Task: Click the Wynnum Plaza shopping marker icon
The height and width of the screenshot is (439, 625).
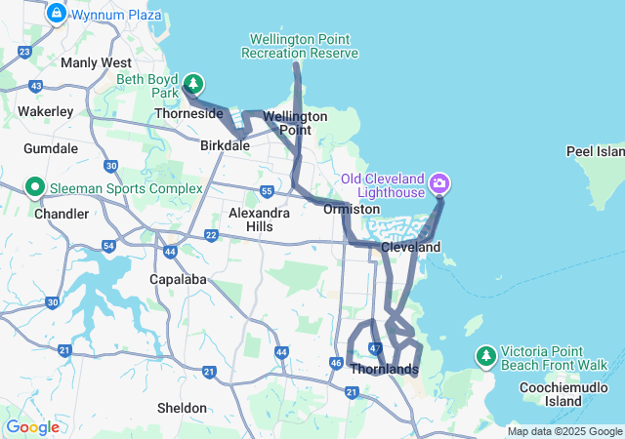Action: pos(56,14)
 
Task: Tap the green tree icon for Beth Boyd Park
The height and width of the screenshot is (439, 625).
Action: pos(194,83)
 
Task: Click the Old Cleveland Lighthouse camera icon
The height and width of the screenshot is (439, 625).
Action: pos(439,182)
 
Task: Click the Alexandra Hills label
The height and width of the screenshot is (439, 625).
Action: pos(258,219)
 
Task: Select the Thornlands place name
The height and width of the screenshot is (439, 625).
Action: pos(385,369)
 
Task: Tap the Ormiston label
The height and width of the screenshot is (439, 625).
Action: pos(352,209)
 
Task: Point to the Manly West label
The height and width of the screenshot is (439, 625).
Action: pos(97,62)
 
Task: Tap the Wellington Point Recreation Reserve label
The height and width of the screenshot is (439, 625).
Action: pos(304,46)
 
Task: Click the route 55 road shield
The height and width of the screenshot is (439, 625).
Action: pos(267,191)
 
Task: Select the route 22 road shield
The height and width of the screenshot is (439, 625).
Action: pos(211,235)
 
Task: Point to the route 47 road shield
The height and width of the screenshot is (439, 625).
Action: pos(376,348)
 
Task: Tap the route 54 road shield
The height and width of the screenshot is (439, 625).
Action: pos(108,245)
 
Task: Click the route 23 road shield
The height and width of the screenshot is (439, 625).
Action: pos(24,51)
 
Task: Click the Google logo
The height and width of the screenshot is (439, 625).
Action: pos(31,427)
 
